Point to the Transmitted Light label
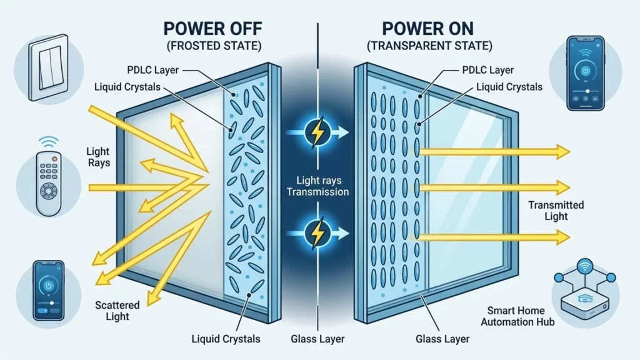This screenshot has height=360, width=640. click(x=556, y=210)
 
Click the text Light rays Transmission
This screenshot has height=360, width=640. click(x=317, y=186)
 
